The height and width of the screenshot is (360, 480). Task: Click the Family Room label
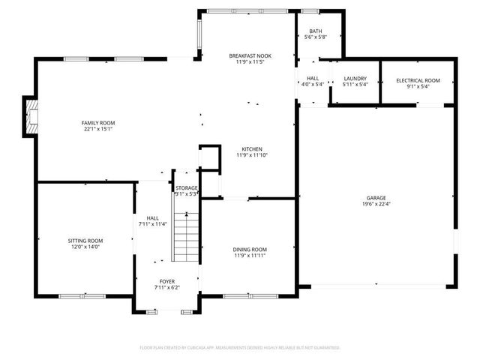click(x=98, y=122)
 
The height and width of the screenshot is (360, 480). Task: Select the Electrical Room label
click(x=418, y=80)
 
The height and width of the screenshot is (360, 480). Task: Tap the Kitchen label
click(x=251, y=148)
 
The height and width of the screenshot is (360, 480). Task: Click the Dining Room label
click(x=250, y=249)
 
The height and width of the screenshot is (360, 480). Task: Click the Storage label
click(x=187, y=187)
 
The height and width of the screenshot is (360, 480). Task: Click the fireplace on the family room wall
click(x=31, y=117)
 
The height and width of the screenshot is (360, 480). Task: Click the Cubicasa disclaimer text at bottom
click(x=240, y=348)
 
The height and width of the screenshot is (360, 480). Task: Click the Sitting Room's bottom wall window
click(x=82, y=295)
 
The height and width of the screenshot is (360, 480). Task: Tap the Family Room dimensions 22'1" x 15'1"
click(x=98, y=130)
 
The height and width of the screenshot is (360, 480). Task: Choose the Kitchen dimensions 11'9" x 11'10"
click(x=251, y=155)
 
